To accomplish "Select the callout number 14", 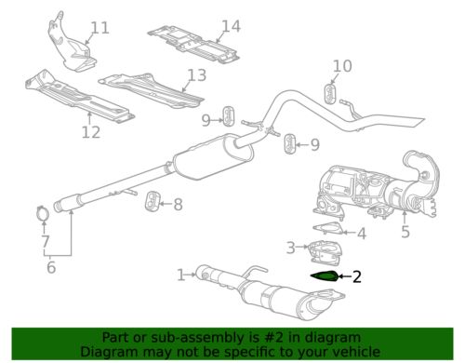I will click(x=231, y=26).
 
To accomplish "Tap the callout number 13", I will click(x=195, y=75).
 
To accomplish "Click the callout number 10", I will click(x=342, y=65).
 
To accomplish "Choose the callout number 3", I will click(x=291, y=247).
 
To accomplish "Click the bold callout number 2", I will click(x=356, y=276).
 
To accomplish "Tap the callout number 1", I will click(x=181, y=274).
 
